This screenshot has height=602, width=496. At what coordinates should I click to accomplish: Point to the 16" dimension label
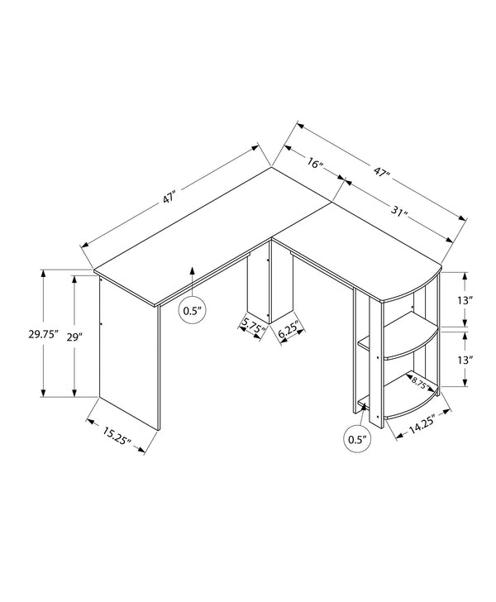314,163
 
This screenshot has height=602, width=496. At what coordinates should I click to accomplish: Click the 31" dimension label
400,213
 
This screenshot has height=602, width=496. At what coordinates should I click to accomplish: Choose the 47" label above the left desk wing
170,198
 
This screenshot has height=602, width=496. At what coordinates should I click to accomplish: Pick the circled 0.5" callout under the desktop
192,311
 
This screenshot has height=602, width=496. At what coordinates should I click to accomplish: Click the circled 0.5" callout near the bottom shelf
356,438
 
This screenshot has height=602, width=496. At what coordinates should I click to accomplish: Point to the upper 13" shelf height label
465,300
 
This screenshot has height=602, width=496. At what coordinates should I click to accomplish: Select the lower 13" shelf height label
465,361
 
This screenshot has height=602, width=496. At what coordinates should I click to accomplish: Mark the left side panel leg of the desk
128,356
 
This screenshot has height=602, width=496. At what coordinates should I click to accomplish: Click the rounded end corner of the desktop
430,277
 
